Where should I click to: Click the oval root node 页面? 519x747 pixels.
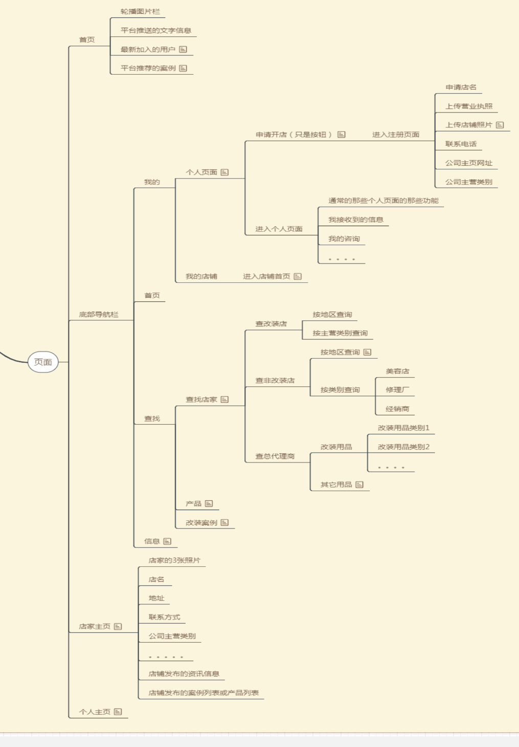tap(43, 362)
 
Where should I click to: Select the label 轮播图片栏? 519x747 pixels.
tap(140, 11)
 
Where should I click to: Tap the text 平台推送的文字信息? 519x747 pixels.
tap(156, 30)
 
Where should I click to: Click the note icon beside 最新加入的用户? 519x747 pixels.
tap(183, 50)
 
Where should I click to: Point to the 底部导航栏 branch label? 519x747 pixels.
tap(99, 315)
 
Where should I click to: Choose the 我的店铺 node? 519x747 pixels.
tap(201, 277)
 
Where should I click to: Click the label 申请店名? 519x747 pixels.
tap(461, 87)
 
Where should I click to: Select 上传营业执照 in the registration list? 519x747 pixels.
tap(469, 106)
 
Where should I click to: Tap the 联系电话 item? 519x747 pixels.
tap(461, 144)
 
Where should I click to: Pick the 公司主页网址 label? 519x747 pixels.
tap(469, 163)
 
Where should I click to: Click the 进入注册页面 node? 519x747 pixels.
tap(396, 135)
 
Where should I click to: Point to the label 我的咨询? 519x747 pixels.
tap(344, 239)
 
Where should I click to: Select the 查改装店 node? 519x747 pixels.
tap(271, 324)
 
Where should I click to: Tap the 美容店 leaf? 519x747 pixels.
tap(397, 371)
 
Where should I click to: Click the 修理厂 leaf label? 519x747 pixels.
tap(397, 390)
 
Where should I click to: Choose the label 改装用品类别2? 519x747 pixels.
tap(403, 447)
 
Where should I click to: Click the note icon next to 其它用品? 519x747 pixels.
tap(359, 485)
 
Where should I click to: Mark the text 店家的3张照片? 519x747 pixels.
tap(174, 561)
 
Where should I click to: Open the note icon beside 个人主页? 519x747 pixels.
tap(118, 712)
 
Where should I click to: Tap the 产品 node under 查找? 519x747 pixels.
tap(193, 504)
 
